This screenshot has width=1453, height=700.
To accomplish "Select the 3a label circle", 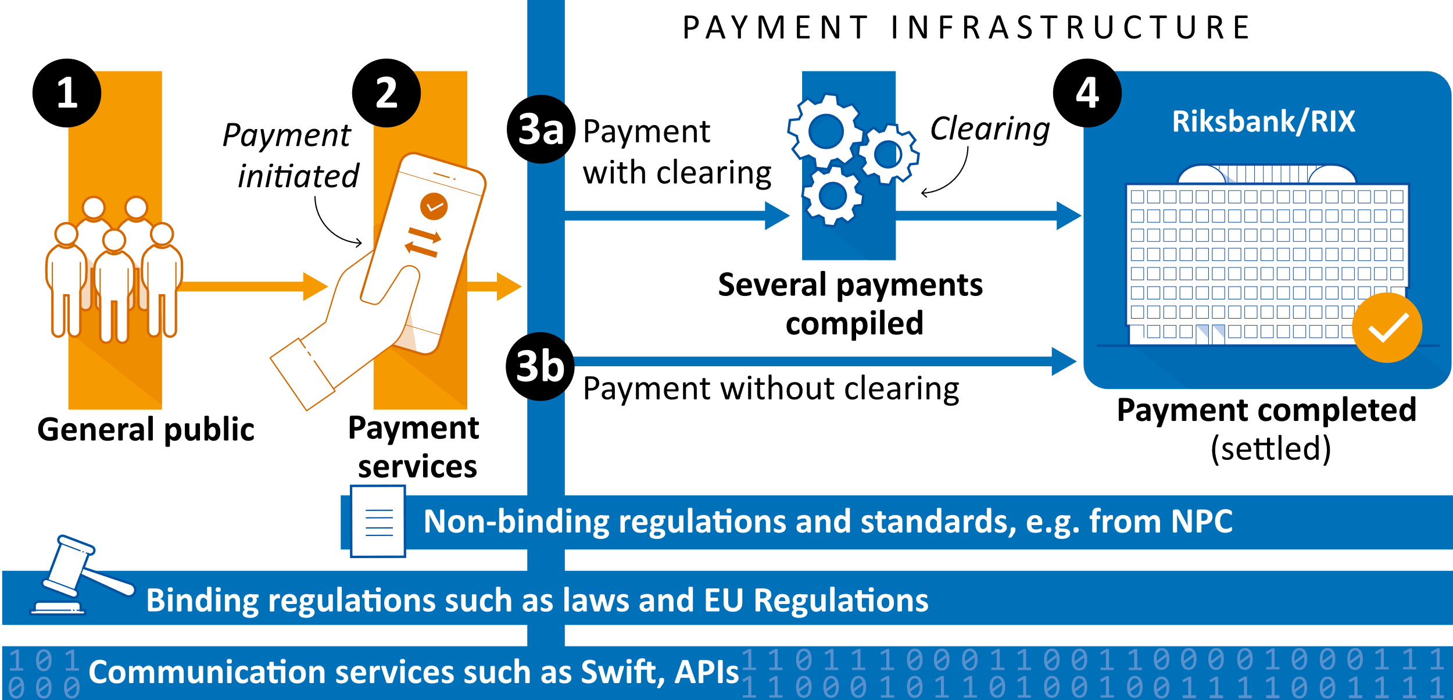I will tap(541, 129).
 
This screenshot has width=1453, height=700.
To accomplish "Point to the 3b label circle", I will tap(541, 366).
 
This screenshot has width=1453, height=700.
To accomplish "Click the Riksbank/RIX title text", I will tap(1264, 122).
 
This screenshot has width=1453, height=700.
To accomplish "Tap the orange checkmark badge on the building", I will tap(1387, 328).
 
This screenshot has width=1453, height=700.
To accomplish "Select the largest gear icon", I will tap(825, 131).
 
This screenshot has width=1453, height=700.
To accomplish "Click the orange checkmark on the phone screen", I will tap(434, 206).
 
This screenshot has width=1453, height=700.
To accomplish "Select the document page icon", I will tap(378, 522).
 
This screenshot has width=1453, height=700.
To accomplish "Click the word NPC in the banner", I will tap(1201, 522).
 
